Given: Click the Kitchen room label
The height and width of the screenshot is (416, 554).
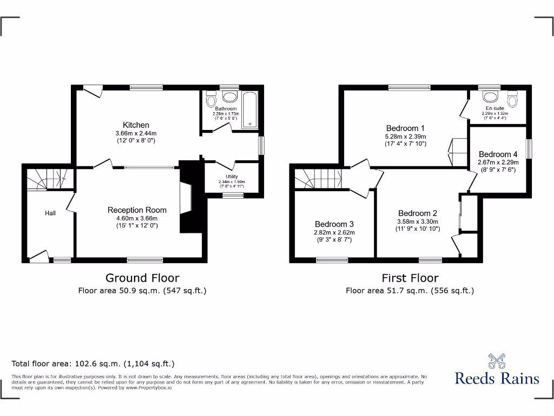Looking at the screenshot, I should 136,125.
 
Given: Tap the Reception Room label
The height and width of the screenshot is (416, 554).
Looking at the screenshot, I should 137,210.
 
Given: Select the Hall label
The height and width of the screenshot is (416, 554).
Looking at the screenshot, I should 50,213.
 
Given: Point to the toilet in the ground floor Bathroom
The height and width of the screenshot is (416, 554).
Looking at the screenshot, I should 212,99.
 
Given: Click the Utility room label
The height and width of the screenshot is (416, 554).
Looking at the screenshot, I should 232,177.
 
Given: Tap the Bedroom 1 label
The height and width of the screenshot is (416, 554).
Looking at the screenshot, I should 405,128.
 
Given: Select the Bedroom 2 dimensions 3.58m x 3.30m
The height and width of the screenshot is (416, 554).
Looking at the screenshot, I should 418,222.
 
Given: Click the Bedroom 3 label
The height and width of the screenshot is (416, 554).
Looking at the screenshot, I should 334,224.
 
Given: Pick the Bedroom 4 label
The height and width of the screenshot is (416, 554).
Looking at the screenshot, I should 498,154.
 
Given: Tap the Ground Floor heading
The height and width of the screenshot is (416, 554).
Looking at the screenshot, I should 142,278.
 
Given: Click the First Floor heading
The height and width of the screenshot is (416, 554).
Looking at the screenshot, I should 410,278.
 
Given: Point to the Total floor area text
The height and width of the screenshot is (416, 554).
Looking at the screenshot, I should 93,364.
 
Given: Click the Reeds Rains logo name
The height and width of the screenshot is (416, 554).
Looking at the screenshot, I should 497,378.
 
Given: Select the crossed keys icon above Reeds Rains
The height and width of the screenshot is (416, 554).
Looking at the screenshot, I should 497,360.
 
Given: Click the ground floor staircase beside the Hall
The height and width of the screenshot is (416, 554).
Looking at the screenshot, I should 47,178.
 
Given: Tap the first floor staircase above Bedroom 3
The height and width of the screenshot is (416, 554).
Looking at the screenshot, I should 317,178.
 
